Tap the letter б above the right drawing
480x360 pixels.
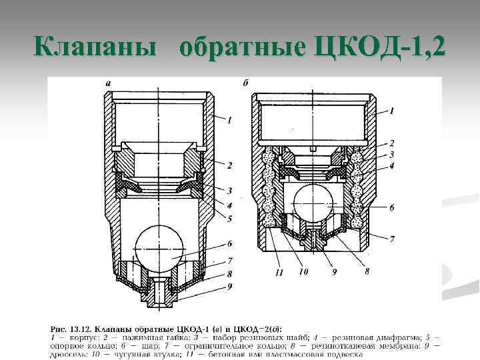[246, 84]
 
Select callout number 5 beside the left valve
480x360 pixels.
[231, 217]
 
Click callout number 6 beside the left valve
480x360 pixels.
[231, 244]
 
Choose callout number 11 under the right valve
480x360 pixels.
[279, 273]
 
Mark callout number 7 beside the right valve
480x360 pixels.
[392, 238]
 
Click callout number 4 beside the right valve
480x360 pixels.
[392, 165]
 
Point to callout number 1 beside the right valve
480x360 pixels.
[392, 110]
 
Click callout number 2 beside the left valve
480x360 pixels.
[231, 165]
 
